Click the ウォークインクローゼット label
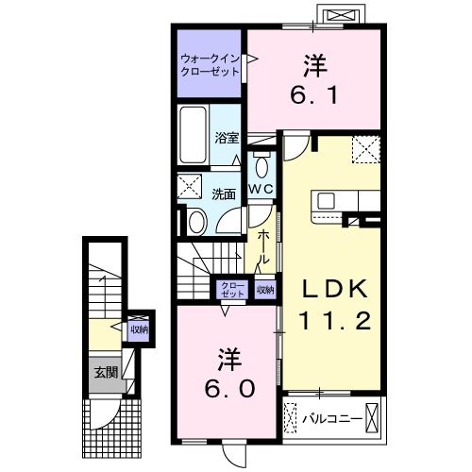(209, 65)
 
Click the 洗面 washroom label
(224, 194)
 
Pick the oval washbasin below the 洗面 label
(196, 223)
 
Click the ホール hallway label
(265, 245)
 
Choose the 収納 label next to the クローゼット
(265, 289)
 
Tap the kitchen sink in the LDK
(327, 201)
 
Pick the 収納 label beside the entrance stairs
(139, 329)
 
